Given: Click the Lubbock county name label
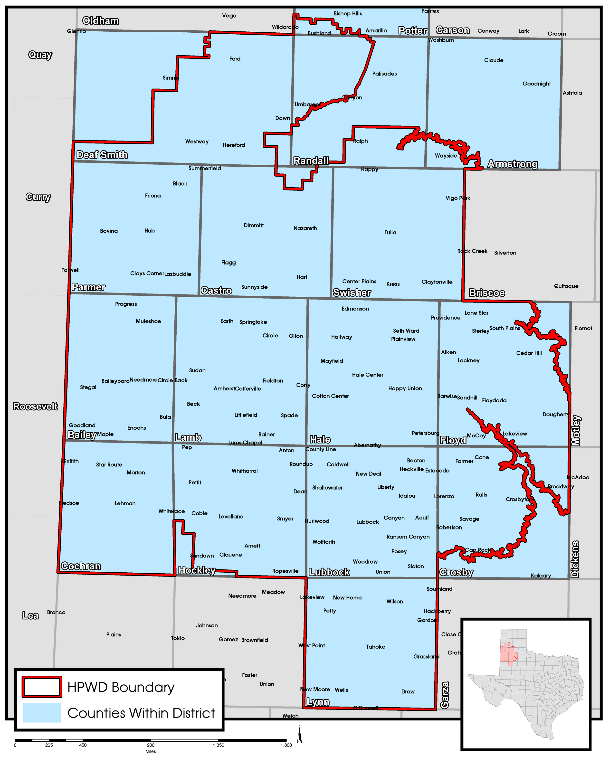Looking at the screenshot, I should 329,572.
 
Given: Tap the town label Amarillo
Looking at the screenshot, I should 376,31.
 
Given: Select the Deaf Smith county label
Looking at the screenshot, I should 102,155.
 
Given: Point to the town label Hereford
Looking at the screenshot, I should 234,145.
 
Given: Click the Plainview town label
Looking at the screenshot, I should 403,339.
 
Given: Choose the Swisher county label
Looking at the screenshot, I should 352,293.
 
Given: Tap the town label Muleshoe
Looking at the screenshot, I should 148,321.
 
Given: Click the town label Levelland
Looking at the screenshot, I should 231,517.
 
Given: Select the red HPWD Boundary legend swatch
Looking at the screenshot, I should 42,687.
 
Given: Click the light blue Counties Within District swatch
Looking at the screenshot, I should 42,713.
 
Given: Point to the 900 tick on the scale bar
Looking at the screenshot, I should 151,745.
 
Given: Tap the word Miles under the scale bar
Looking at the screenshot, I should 151,751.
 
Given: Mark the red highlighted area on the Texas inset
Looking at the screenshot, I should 508,654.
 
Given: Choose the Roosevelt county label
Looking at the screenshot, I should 35,406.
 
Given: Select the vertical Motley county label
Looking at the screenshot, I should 576,430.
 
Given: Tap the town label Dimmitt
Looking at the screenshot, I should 254,225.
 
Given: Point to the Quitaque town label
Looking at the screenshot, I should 566,286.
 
